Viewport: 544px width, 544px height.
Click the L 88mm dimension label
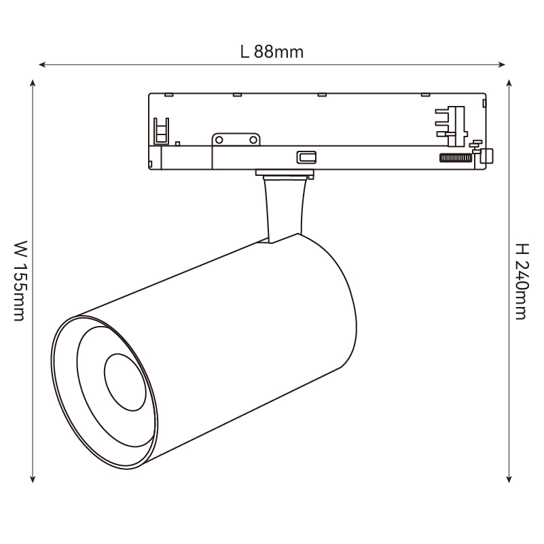(x=272, y=52)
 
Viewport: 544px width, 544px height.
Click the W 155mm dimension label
(x=20, y=280)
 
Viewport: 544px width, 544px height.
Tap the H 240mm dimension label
(x=522, y=281)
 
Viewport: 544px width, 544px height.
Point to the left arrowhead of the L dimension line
(x=42, y=65)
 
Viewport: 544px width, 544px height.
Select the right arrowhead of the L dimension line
(x=502, y=65)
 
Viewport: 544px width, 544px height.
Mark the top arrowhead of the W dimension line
(x=33, y=84)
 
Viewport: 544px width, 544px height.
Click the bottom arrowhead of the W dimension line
(x=33, y=479)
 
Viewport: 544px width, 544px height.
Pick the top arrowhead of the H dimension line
(x=509, y=84)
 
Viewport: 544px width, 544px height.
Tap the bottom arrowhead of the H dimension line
(x=509, y=479)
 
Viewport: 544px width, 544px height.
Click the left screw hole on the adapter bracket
(x=219, y=140)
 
